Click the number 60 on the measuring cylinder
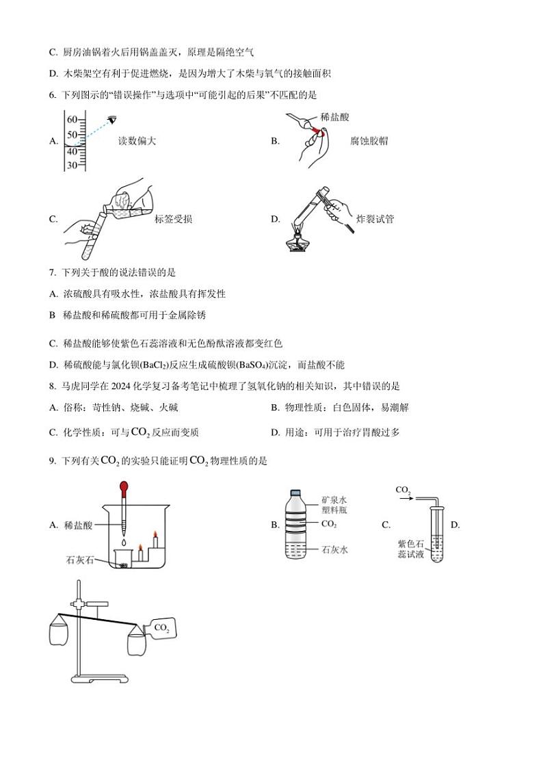(x=72, y=120)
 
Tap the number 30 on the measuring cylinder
(x=72, y=165)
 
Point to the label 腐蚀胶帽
(x=369, y=141)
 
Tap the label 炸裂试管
(x=375, y=219)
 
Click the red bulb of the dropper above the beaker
(x=124, y=488)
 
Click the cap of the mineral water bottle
(x=295, y=492)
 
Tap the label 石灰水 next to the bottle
(x=334, y=549)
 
